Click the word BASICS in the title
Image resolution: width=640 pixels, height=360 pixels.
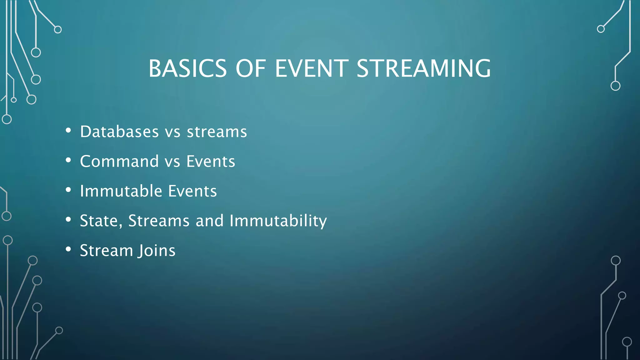pyautogui.click(x=187, y=68)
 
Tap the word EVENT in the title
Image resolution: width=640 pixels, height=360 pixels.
pyautogui.click(x=312, y=68)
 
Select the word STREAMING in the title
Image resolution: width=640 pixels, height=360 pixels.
pyautogui.click(x=423, y=68)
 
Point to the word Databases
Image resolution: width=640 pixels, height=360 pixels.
pyautogui.click(x=119, y=132)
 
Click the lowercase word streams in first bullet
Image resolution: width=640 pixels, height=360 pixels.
pyautogui.click(x=217, y=132)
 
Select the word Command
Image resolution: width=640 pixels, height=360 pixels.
pyautogui.click(x=119, y=161)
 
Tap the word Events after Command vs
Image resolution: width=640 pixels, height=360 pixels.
pyautogui.click(x=211, y=161)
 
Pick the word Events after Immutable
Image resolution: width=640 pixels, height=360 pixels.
pyautogui.click(x=192, y=191)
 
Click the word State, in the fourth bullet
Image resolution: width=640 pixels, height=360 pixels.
pyautogui.click(x=101, y=221)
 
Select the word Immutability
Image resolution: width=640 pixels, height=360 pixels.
pyautogui.click(x=278, y=221)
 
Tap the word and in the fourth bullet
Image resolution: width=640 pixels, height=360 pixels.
pyautogui.click(x=210, y=221)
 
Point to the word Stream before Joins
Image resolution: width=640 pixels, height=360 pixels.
pyautogui.click(x=107, y=250)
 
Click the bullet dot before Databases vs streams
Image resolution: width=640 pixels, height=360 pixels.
pyautogui.click(x=68, y=131)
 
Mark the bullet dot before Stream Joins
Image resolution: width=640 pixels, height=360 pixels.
pyautogui.click(x=68, y=249)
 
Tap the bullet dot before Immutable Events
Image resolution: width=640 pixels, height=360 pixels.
pyautogui.click(x=68, y=190)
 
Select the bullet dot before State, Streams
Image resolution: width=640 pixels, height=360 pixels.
pyautogui.click(x=68, y=220)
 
